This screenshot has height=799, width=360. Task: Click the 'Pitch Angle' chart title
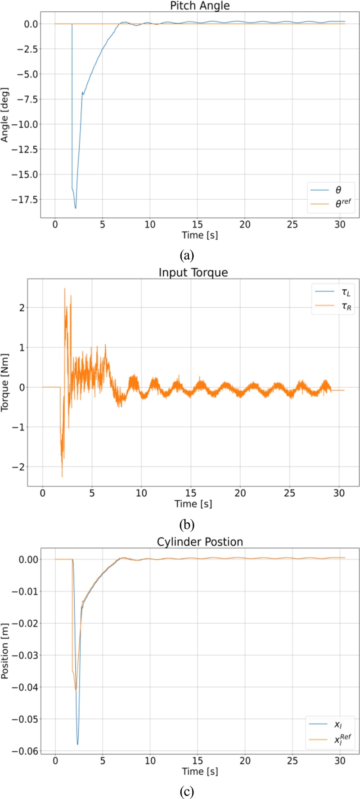pyautogui.click(x=200, y=6)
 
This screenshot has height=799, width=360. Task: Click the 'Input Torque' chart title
pyautogui.click(x=193, y=273)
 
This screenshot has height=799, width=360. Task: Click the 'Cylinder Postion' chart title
pyautogui.click(x=200, y=542)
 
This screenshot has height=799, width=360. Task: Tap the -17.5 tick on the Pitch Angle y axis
pyautogui.click(x=26, y=199)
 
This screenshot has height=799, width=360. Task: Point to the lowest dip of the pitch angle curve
pyautogui.click(x=76, y=208)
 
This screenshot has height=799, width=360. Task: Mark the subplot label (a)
pyautogui.click(x=187, y=256)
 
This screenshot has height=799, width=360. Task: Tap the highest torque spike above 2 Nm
pyautogui.click(x=65, y=288)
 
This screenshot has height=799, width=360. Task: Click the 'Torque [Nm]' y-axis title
pyautogui.click(x=5, y=382)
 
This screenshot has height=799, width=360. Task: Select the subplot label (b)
pyautogui.click(x=187, y=524)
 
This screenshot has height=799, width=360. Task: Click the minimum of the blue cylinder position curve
pyautogui.click(x=77, y=744)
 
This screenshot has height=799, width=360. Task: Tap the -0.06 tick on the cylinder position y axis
pyautogui.click(x=26, y=751)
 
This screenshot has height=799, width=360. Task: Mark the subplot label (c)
pyautogui.click(x=187, y=791)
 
